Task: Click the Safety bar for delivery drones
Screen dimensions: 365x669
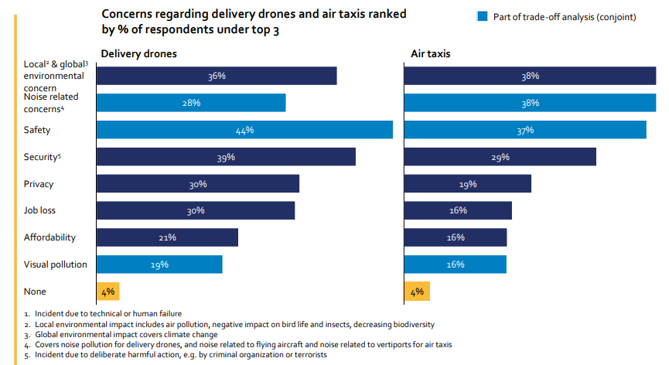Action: pos(244,130)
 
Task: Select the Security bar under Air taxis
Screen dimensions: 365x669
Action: pos(500,157)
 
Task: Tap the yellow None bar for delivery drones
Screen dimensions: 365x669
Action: pos(108,292)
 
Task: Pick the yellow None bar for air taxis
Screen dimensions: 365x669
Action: pos(417,292)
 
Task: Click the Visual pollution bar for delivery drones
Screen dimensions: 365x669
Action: pos(159,264)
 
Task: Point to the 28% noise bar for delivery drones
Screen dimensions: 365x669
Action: pos(191,103)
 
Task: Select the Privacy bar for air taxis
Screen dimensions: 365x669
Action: pos(467,184)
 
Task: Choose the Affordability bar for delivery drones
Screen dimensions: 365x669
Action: pos(167,237)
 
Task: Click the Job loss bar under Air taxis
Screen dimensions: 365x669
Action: pos(457,210)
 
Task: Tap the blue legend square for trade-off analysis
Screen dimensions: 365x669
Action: pos(483,16)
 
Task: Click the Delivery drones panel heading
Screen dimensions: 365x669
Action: pos(139,54)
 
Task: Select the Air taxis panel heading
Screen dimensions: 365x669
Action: pos(431,54)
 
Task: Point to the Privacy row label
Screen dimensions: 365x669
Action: pos(39,184)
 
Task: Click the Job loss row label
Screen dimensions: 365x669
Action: pos(40,210)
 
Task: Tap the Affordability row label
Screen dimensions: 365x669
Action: pos(49,237)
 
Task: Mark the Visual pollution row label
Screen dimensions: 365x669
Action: pos(56,264)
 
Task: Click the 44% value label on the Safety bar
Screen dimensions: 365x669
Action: pos(244,130)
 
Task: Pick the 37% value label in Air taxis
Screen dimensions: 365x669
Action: pos(525,130)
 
